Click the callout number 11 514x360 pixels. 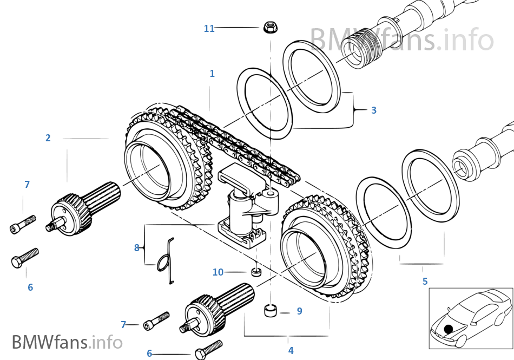209,29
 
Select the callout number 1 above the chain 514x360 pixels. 212,74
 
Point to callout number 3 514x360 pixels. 373,110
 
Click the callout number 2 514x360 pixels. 48,138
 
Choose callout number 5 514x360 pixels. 425,282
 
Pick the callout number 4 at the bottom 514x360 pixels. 291,351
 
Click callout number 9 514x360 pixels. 299,311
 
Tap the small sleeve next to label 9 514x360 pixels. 271,311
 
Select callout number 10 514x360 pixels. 218,272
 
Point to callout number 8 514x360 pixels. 137,248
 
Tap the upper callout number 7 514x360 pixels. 27,185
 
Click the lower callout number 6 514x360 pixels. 149,354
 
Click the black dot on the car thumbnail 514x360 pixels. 448,329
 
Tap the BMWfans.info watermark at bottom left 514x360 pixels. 67,342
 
